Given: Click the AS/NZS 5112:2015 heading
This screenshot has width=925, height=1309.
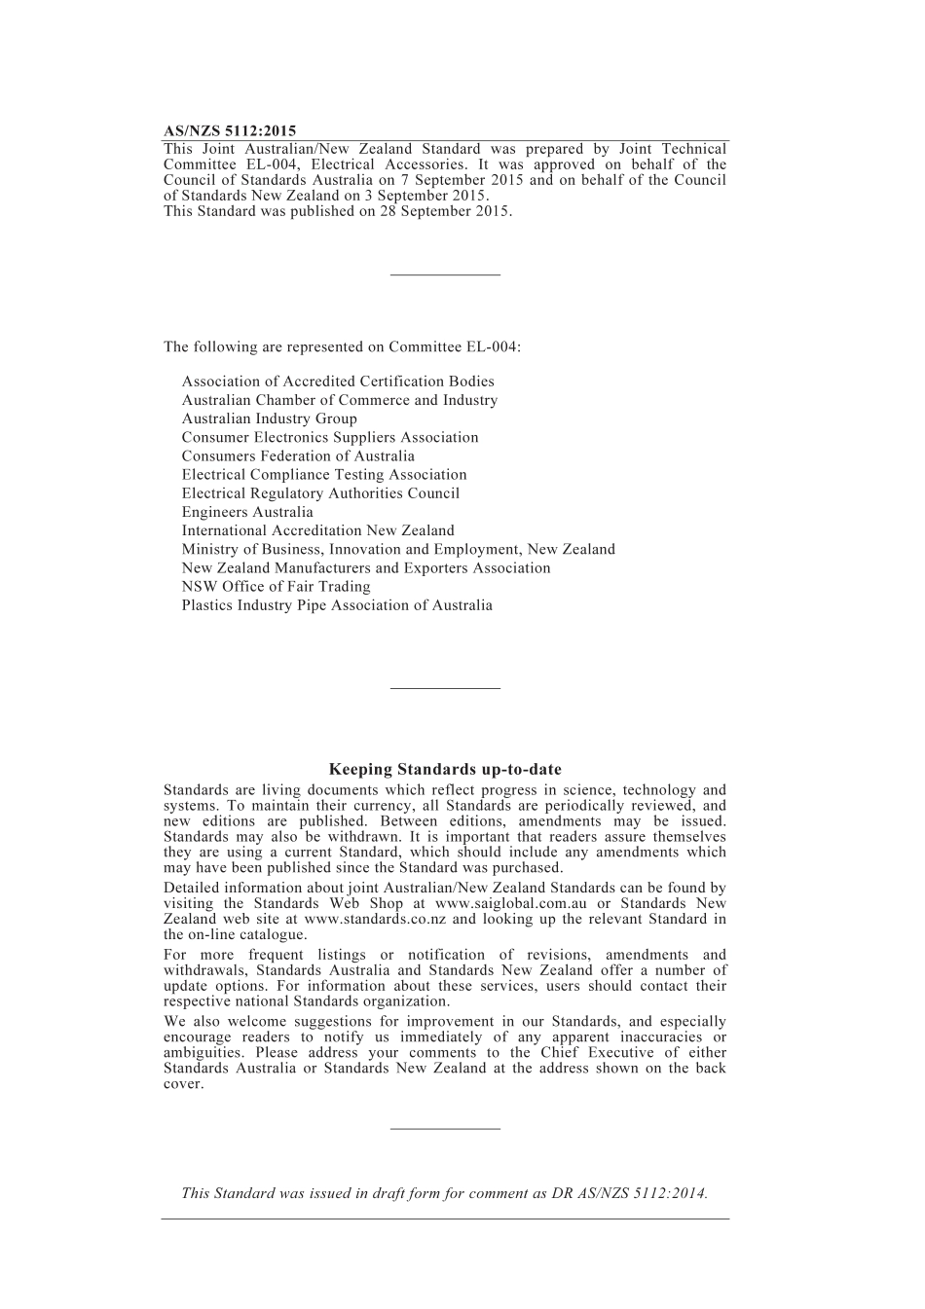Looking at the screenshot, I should [230, 130].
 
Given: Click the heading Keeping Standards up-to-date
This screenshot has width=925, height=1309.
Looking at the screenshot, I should [445, 769].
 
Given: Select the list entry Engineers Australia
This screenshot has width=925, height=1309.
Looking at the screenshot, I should [247, 512].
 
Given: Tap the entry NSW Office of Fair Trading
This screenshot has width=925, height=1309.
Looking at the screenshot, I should [276, 586].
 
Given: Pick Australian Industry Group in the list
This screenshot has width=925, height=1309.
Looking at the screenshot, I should [269, 418].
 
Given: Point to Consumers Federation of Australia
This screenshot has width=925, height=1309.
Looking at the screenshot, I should [298, 455].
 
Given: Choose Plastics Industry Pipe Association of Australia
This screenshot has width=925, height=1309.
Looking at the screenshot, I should [337, 604].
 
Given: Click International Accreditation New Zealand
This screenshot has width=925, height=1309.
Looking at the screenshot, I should [317, 530].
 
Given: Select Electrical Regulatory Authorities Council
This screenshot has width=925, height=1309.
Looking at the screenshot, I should [320, 493].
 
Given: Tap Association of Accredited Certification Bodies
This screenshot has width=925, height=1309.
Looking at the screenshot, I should [338, 382].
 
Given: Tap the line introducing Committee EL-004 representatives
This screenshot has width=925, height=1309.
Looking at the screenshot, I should [342, 346].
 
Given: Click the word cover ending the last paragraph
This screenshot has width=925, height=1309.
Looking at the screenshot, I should [183, 1083].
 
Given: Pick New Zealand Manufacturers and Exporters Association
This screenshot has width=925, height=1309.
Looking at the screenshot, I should [366, 567].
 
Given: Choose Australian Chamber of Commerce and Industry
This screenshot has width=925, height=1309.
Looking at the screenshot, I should [339, 400].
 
